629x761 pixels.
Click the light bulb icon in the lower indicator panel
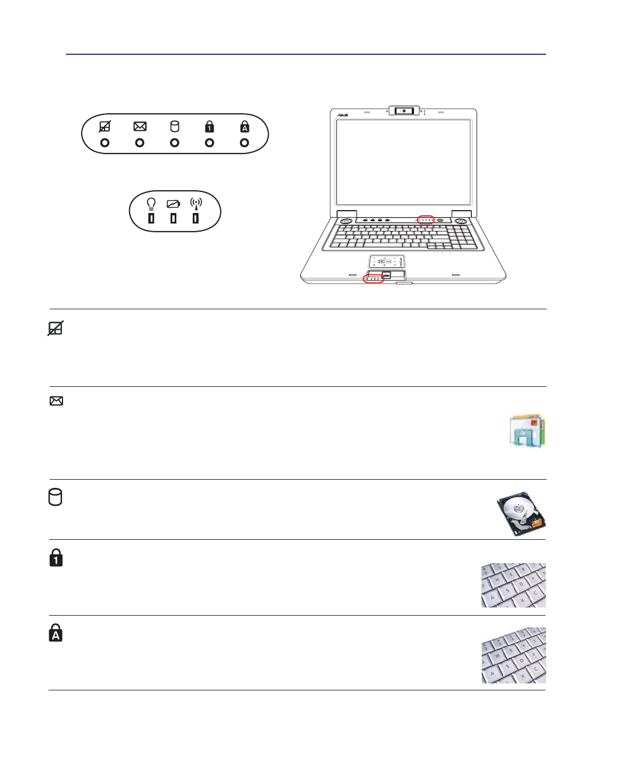tap(151, 204)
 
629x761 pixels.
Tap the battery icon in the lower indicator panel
tap(173, 204)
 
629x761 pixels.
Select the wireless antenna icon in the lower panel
tap(196, 204)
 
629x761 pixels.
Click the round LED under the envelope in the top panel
tap(140, 143)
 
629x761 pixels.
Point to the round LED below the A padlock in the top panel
tap(245, 143)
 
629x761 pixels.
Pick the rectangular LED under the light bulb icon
tap(151, 218)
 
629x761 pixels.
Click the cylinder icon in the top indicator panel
tap(175, 127)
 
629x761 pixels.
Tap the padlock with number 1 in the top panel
tap(210, 127)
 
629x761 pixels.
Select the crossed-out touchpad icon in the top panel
tap(105, 127)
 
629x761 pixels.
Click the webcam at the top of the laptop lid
tap(404, 110)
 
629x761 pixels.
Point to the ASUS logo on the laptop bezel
tap(342, 115)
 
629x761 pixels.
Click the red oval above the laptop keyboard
tap(426, 220)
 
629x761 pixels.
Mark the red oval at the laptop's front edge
tap(373, 278)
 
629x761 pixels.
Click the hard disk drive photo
tap(521, 513)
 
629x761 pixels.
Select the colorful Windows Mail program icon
tap(527, 431)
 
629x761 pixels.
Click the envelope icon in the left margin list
tap(56, 401)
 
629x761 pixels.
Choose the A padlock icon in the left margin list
tap(55, 633)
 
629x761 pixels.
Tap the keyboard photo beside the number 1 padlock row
tap(513, 585)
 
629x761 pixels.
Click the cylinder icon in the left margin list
tap(55, 497)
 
